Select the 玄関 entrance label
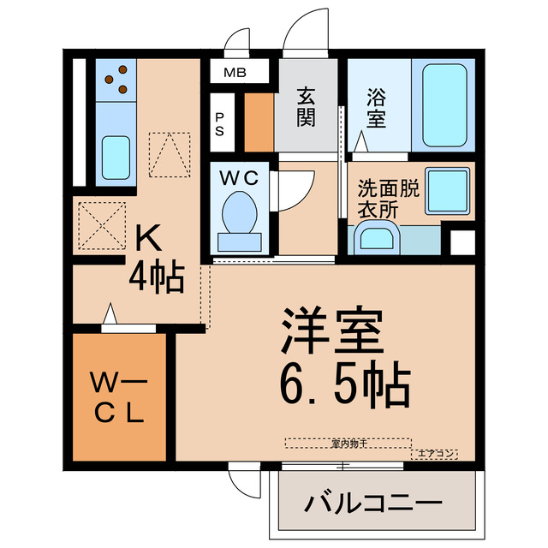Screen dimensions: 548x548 (307, 106)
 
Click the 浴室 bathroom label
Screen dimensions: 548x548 (378, 106)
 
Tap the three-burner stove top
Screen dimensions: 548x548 (116, 80)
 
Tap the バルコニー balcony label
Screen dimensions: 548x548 (373, 503)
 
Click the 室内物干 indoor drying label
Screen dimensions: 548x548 (348, 443)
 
